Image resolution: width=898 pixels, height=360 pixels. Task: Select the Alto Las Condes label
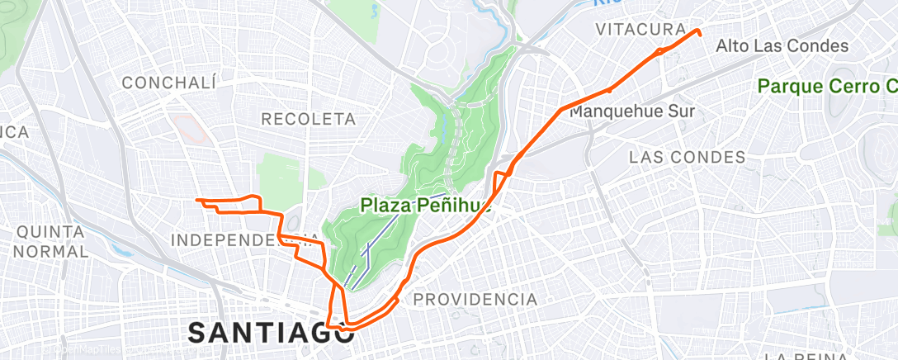782,46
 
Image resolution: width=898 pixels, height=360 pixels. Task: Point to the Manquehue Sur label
633,111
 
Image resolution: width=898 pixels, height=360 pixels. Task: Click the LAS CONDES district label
687,157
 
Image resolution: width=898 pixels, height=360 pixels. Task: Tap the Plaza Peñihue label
426,206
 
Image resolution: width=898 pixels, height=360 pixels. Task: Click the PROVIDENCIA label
475,299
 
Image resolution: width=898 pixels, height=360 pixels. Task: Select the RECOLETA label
308,120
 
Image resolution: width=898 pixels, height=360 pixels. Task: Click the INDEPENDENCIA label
245,239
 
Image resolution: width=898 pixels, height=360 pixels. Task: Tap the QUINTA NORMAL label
50,240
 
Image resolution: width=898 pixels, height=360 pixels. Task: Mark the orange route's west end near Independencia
196,200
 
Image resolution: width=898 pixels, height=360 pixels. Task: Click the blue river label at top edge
607,3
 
